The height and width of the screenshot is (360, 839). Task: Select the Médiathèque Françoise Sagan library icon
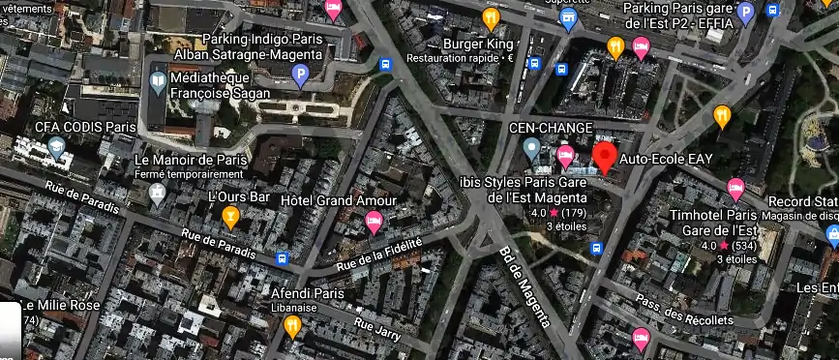tap(156, 84)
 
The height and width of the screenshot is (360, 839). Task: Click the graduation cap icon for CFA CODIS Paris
tap(57, 148)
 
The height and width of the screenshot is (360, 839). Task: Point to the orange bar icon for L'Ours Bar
tap(230, 217)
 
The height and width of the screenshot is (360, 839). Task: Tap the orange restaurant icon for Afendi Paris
tap(293, 326)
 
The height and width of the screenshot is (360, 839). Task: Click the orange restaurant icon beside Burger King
tap(491, 17)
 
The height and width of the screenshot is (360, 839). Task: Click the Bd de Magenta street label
tap(524, 285)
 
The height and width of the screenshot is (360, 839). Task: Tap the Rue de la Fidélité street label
tap(378, 255)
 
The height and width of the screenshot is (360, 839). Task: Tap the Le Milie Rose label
tap(56, 305)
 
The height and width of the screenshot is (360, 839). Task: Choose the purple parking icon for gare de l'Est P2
tap(745, 14)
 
